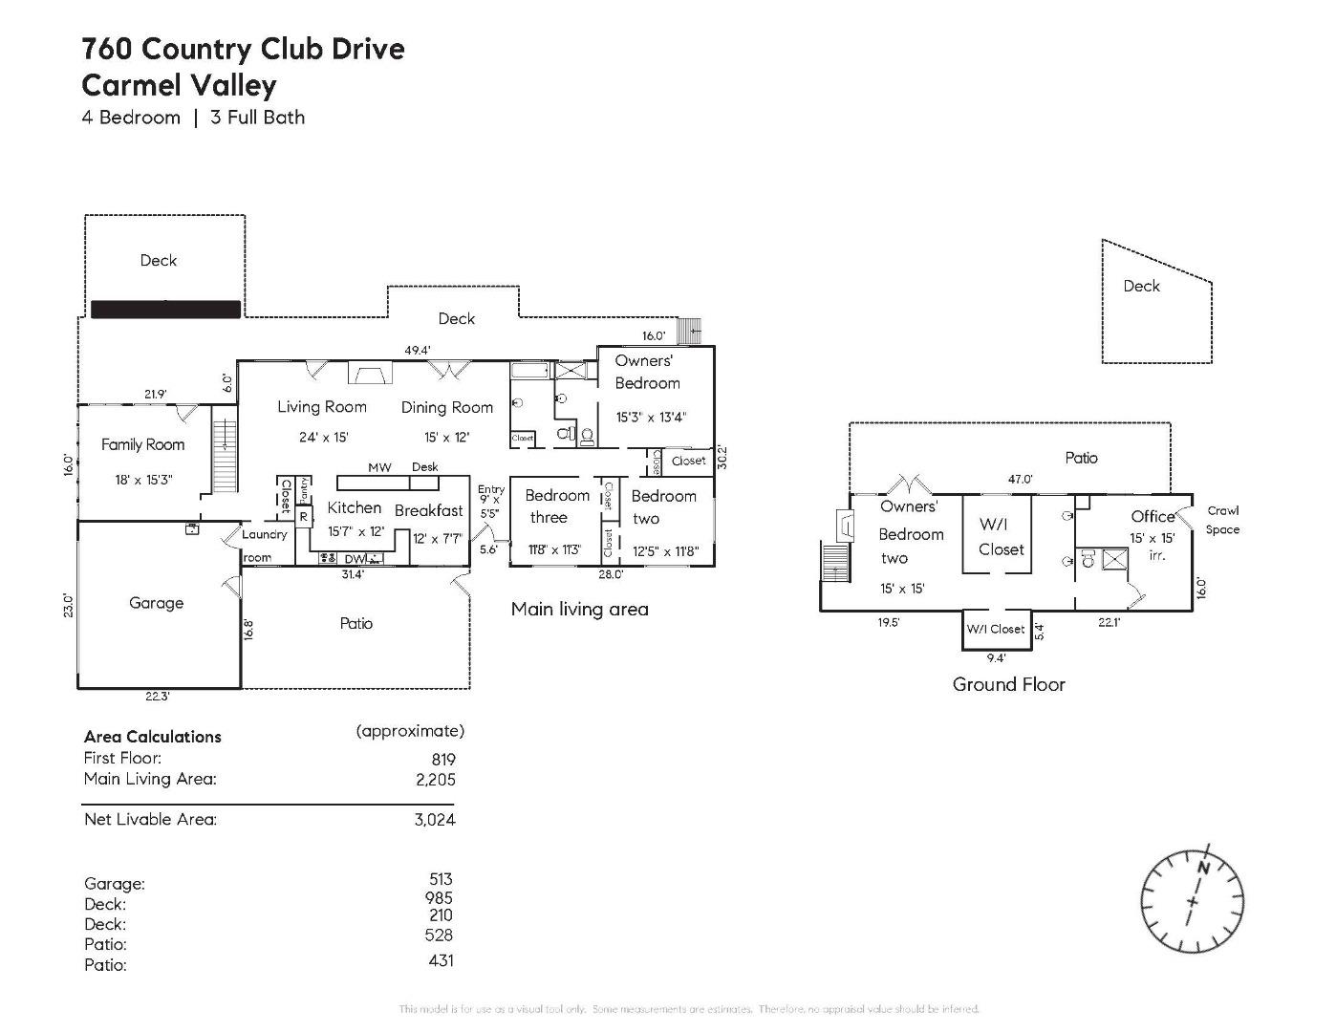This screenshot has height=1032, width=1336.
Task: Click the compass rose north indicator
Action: pos(1203,868)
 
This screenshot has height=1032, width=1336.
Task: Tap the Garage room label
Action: pos(156,603)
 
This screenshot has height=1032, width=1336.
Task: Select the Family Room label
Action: pos(142,444)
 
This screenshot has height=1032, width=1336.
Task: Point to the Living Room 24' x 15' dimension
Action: pos(323,438)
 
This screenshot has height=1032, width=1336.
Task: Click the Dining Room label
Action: pos(446,408)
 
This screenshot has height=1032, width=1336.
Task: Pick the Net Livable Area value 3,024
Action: pos(435,819)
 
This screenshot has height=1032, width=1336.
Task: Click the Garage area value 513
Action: pos(441,879)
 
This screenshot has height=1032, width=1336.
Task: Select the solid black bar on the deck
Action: pos(165,310)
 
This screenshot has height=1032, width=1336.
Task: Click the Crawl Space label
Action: pos(1222,520)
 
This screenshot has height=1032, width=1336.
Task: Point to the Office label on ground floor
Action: pos(1153,516)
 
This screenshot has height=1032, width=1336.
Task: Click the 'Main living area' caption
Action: pos(579,609)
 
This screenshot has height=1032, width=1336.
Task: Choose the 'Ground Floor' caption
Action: pos(1008,684)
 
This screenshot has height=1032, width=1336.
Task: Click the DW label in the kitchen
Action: pos(355,559)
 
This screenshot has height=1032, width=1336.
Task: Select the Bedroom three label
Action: pos(556,506)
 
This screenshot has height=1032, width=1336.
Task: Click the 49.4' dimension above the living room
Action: pos(417,351)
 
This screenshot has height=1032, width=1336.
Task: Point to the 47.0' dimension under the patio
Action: pos(1021,480)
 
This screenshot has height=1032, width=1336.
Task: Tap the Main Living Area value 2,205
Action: pos(435,779)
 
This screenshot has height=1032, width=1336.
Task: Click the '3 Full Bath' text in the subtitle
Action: pos(257,118)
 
